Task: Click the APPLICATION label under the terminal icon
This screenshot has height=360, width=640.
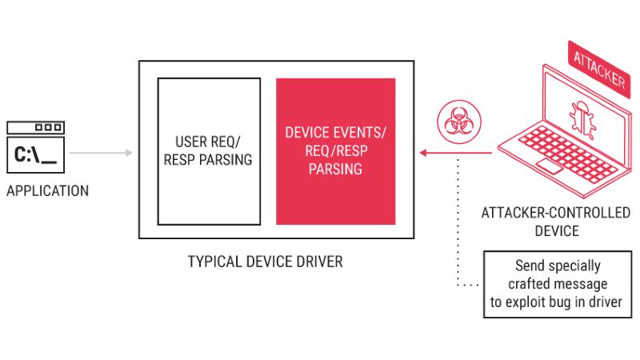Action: pos(47,191)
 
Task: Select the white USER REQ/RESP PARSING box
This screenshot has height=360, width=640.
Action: pos(209,151)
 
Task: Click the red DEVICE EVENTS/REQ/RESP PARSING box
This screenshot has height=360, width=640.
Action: pos(335,151)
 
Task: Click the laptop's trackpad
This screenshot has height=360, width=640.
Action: pos(550,166)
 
